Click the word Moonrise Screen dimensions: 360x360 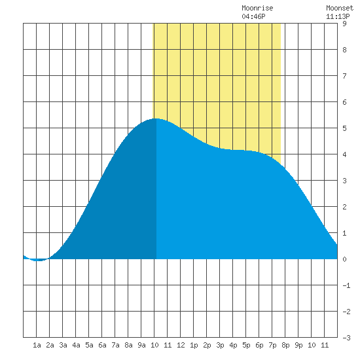pyautogui.click(x=257, y=8)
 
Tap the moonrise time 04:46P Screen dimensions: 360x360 pyautogui.click(x=253, y=16)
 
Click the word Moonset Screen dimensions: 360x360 pyautogui.click(x=340, y=8)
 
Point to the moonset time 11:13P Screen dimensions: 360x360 pyautogui.click(x=338, y=16)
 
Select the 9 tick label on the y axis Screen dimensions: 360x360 pyautogui.click(x=344, y=24)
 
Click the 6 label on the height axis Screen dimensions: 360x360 pyautogui.click(x=344, y=102)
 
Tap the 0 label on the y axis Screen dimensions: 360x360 pyautogui.click(x=344, y=259)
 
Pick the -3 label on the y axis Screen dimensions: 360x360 pyautogui.click(x=346, y=338)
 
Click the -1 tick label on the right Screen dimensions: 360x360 pyautogui.click(x=346, y=285)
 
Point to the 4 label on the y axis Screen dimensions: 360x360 pyautogui.click(x=344, y=154)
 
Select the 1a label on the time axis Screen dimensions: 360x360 pyautogui.click(x=37, y=345)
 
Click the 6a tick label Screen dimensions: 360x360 pyautogui.click(x=102, y=345)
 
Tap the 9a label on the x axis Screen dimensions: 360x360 pyautogui.click(x=141, y=345)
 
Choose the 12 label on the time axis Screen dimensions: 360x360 pyautogui.click(x=181, y=345)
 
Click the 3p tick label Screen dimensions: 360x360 pyautogui.click(x=220, y=345)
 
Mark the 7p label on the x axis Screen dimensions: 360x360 pyautogui.click(x=272, y=345)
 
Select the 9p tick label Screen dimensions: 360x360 pyautogui.click(x=298, y=345)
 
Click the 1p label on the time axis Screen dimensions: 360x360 pyautogui.click(x=194, y=345)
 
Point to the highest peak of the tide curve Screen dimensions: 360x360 pyautogui.click(x=156, y=118)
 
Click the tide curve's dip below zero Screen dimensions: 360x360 pyautogui.click(x=39, y=261)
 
